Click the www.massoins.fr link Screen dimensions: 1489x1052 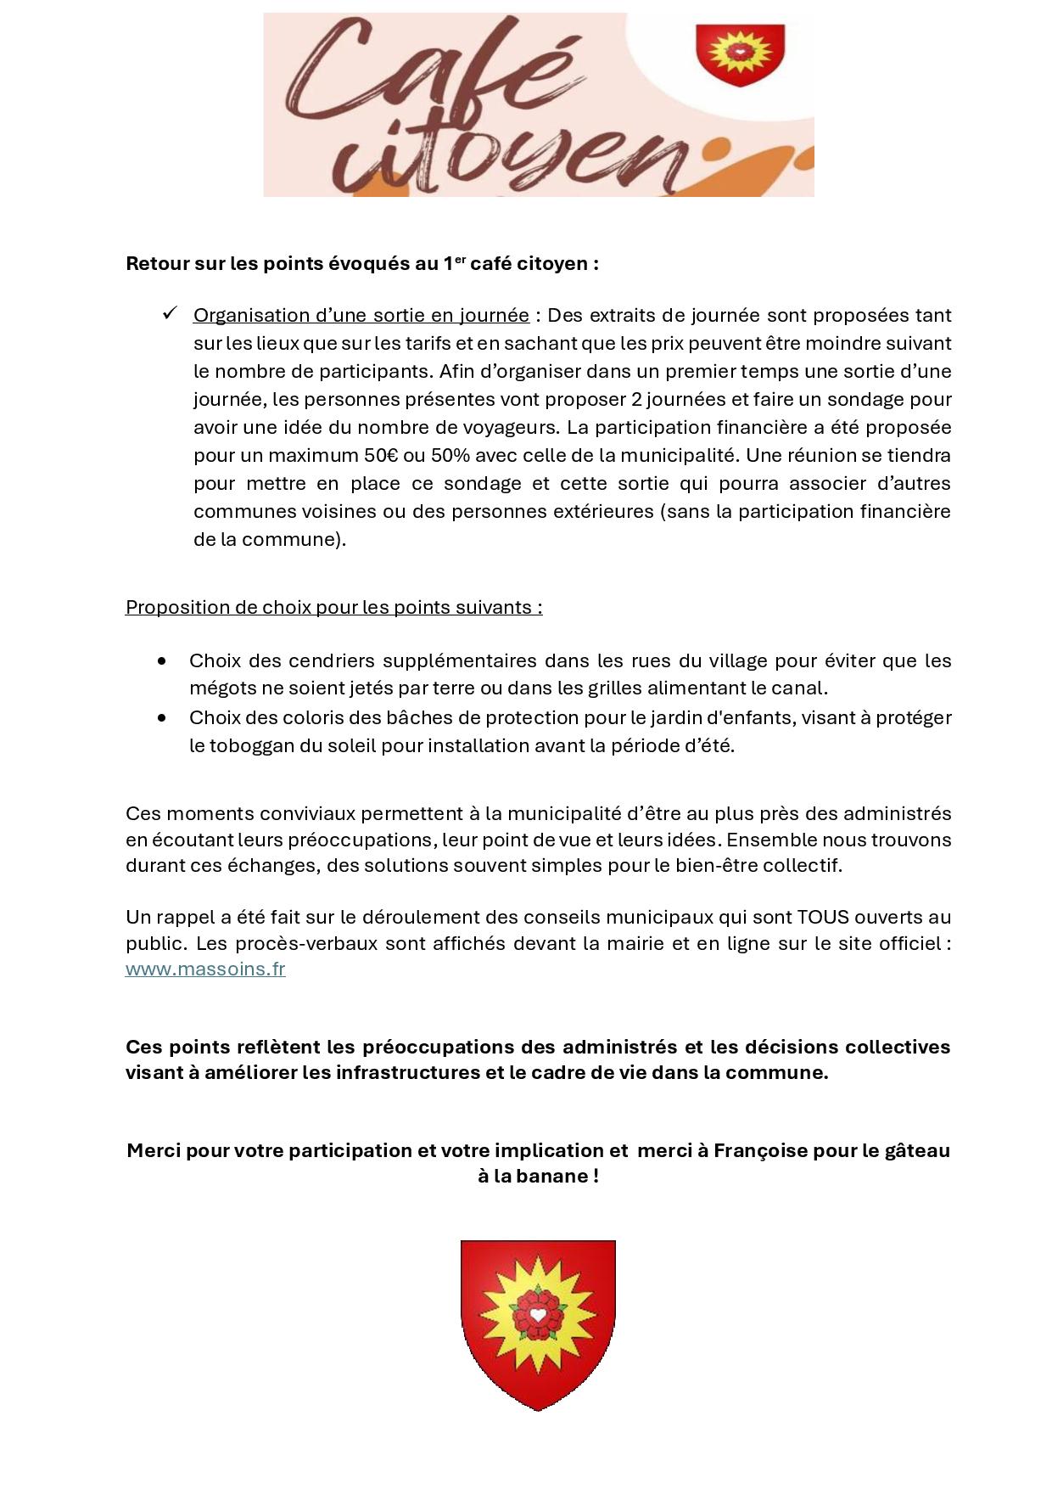tap(205, 969)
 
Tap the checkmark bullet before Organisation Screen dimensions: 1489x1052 tap(169, 314)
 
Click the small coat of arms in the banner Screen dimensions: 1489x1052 tap(740, 54)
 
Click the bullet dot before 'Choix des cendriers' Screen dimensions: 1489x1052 tap(162, 660)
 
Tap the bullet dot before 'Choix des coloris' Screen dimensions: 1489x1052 tap(162, 717)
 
